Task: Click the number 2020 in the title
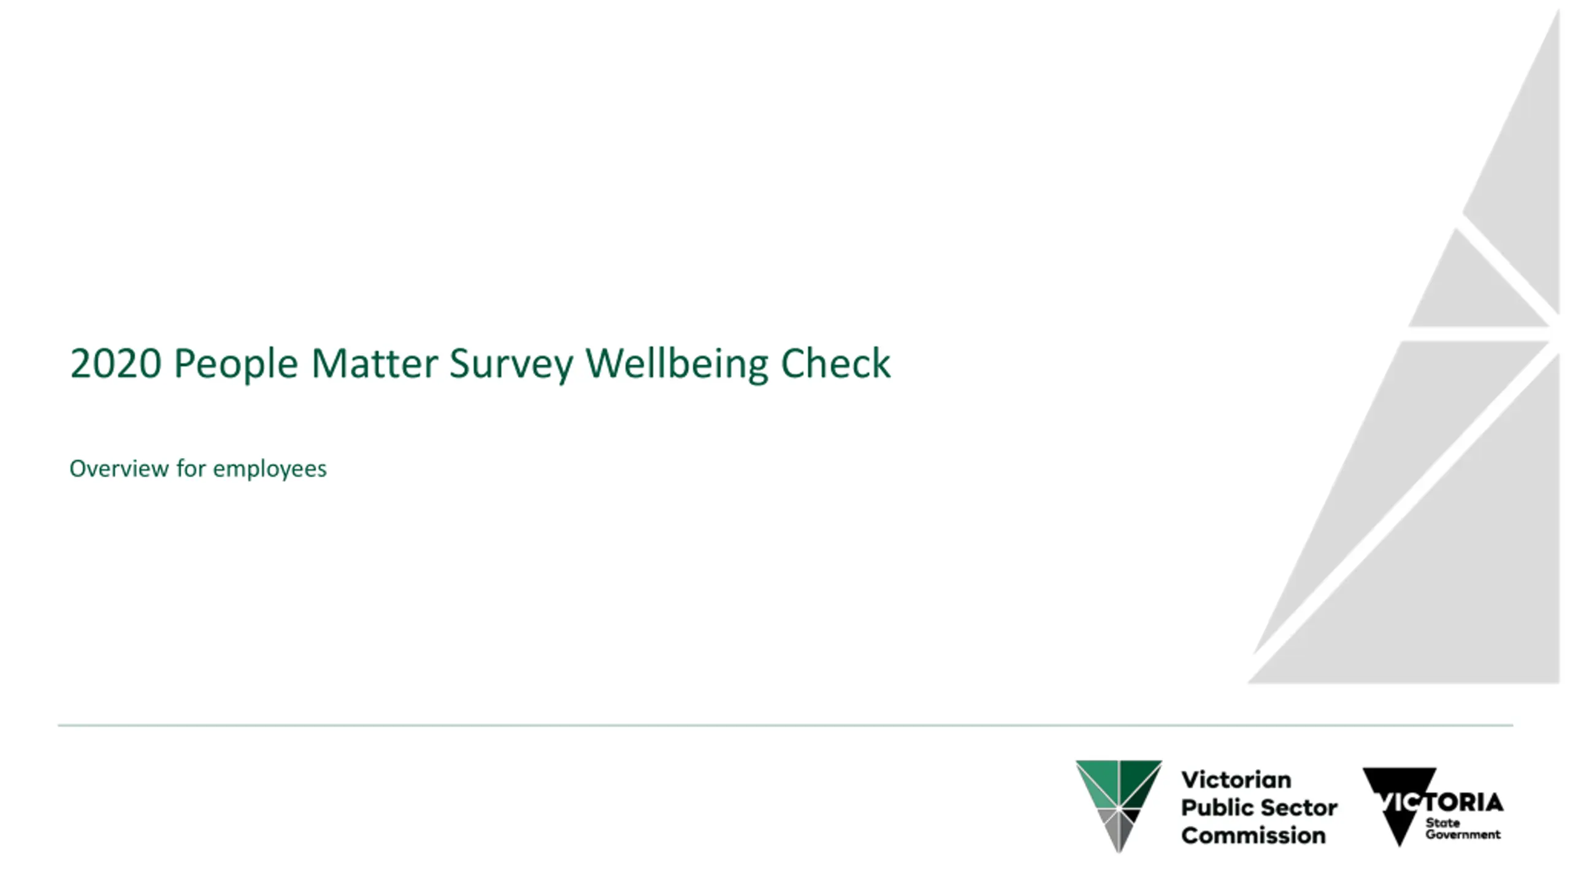116,363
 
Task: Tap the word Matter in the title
374,363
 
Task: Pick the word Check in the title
835,363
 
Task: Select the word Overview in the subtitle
119,468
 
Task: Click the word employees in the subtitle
270,470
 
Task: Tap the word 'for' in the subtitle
191,468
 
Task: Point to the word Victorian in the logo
1236,780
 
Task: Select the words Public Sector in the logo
1259,808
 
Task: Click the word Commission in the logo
1254,835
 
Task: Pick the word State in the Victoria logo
1442,823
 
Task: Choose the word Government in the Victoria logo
1463,835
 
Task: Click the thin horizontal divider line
786,725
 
